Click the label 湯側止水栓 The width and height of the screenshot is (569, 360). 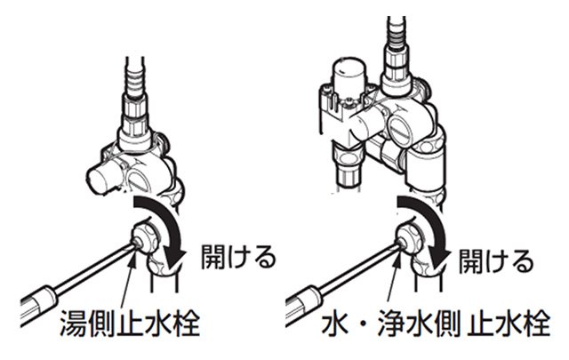tap(130, 323)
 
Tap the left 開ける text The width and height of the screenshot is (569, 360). tap(238, 257)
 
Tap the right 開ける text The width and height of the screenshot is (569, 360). tap(496, 260)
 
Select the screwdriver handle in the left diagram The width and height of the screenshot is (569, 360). tap(38, 303)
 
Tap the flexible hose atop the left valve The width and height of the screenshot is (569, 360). tap(135, 76)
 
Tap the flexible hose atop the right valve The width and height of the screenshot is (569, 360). tap(397, 34)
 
